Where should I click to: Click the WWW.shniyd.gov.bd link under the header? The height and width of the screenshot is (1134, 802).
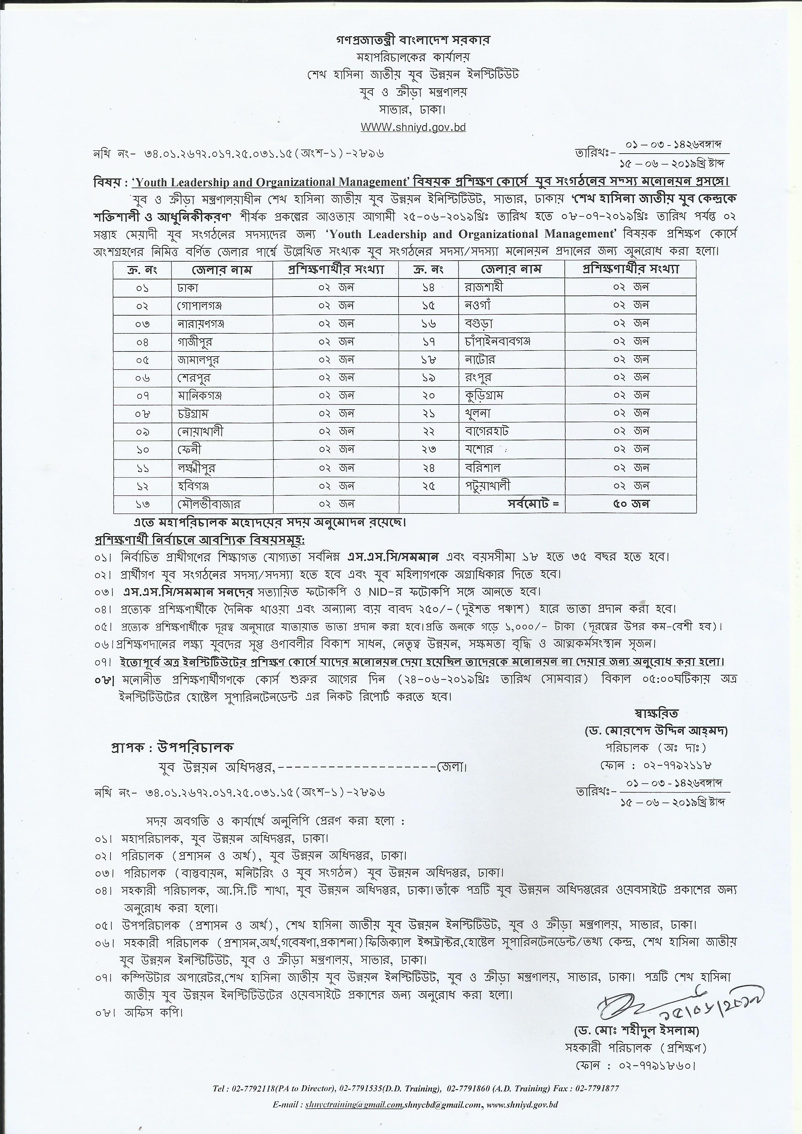tap(413, 127)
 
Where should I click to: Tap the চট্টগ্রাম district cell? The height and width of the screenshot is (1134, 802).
tap(196, 413)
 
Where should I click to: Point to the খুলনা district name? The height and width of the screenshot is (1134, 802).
tap(477, 413)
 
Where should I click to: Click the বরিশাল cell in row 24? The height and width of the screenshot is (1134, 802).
tap(483, 467)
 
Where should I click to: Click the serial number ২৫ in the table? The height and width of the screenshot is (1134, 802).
tap(428, 486)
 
